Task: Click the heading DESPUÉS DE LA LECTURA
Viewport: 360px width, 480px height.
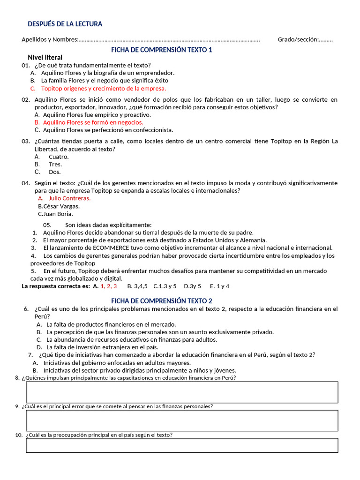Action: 65,24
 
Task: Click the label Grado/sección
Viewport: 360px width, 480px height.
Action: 298,39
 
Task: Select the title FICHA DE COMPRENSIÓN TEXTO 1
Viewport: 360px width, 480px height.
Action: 161,50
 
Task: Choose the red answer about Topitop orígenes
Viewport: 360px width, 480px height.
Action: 103,88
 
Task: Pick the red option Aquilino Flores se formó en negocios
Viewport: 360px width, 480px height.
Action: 93,122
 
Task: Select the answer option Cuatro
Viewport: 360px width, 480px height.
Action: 59,157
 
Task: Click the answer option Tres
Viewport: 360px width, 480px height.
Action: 55,164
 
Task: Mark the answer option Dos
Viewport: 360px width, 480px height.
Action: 55,172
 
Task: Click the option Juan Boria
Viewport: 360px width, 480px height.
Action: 58,214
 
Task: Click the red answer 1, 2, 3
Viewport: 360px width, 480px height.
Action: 108,285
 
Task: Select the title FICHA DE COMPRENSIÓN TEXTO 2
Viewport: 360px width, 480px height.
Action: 161,301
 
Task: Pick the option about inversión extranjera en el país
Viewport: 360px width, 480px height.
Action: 102,347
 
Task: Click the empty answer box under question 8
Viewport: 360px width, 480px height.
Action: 182,392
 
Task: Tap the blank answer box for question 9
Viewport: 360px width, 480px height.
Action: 182,420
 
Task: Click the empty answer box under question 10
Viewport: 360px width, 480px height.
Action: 182,445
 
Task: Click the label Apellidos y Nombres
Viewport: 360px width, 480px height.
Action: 50,39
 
